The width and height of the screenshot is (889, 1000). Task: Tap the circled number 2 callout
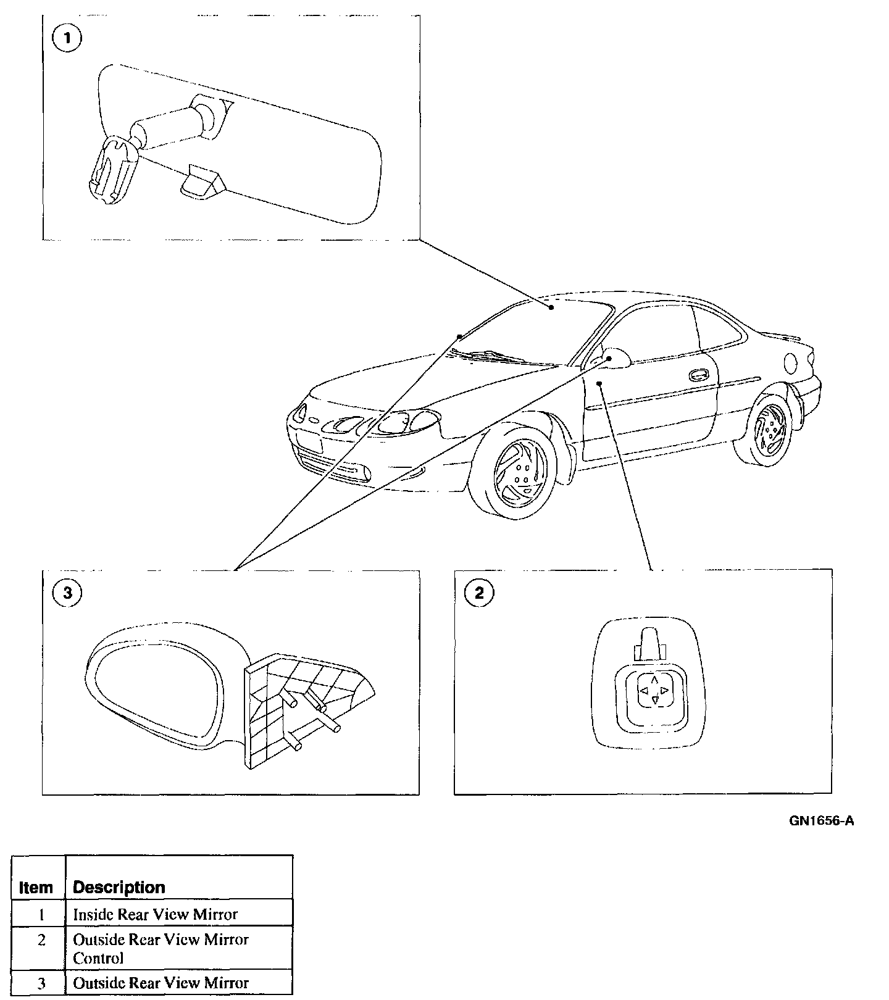point(479,593)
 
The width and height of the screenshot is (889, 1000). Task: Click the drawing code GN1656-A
point(821,821)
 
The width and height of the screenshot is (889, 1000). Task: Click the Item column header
point(36,887)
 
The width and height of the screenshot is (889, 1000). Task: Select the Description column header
point(119,887)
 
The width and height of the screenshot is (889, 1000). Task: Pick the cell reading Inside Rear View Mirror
point(155,914)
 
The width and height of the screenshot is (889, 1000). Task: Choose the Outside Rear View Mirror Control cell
point(161,949)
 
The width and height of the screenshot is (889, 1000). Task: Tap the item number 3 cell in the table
point(41,983)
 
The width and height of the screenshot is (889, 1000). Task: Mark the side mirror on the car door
point(616,358)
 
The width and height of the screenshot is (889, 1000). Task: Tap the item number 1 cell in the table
point(41,914)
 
